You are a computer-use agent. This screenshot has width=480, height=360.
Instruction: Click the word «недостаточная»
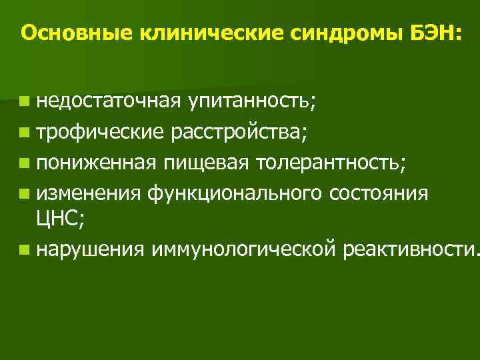[108, 101]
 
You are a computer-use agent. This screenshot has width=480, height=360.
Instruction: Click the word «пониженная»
[97, 161]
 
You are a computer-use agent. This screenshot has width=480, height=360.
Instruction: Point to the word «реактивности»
[407, 250]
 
